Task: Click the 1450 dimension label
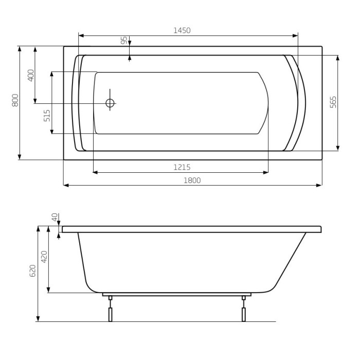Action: (x=182, y=30)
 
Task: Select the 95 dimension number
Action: (x=124, y=41)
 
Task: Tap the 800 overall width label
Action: (x=15, y=100)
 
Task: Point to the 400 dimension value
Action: (x=31, y=75)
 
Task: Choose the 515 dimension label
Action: (x=47, y=116)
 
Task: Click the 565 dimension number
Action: (x=333, y=102)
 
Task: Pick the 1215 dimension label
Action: (x=182, y=167)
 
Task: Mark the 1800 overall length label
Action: (x=192, y=181)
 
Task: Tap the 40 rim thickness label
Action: (x=55, y=217)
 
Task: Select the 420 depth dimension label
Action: (x=44, y=257)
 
